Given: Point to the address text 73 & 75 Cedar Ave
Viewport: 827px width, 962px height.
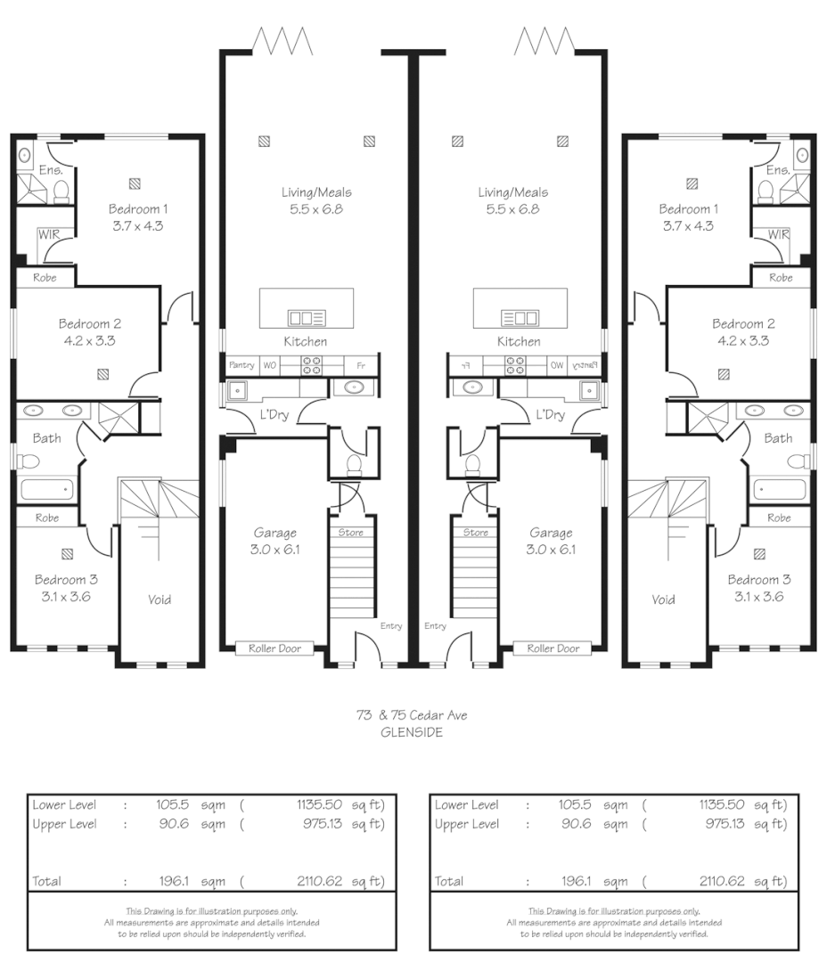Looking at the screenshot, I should click(412, 715).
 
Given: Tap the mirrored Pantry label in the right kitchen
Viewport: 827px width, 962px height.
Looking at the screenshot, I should click(584, 364).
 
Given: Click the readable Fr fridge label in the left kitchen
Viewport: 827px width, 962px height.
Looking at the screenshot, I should click(361, 365).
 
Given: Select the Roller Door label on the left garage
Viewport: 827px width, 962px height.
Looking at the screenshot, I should click(274, 648).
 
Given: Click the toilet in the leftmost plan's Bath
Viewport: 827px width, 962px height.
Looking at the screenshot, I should click(29, 461).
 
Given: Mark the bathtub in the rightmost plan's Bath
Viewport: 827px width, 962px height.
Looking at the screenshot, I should click(779, 490).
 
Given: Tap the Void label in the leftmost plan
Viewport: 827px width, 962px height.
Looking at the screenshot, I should click(160, 599).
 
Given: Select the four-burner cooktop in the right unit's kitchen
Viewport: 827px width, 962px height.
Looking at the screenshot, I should click(515, 364).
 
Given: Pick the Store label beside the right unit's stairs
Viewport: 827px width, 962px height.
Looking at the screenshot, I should click(475, 533).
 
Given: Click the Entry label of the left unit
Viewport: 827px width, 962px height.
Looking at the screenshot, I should click(391, 626).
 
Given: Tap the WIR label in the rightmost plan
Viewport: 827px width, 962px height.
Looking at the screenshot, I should click(778, 234).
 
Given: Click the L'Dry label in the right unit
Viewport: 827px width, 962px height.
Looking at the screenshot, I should click(551, 414).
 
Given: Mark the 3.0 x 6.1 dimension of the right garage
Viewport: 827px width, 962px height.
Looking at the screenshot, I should click(551, 549).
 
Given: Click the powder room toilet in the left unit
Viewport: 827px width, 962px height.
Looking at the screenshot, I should click(353, 465).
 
